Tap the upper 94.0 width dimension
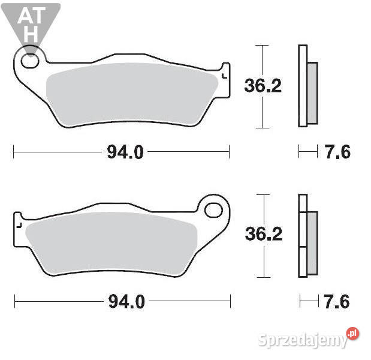click(x=125, y=152)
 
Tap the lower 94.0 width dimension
click(x=126, y=301)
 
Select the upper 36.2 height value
click(x=263, y=86)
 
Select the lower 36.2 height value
click(x=263, y=234)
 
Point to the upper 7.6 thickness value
click(x=337, y=152)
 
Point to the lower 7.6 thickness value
click(x=337, y=301)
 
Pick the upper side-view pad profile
click(x=307, y=86)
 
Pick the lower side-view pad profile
click(x=307, y=235)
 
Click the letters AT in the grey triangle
click(x=30, y=16)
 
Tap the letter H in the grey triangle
click(x=31, y=34)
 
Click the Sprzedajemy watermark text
click(x=303, y=340)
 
